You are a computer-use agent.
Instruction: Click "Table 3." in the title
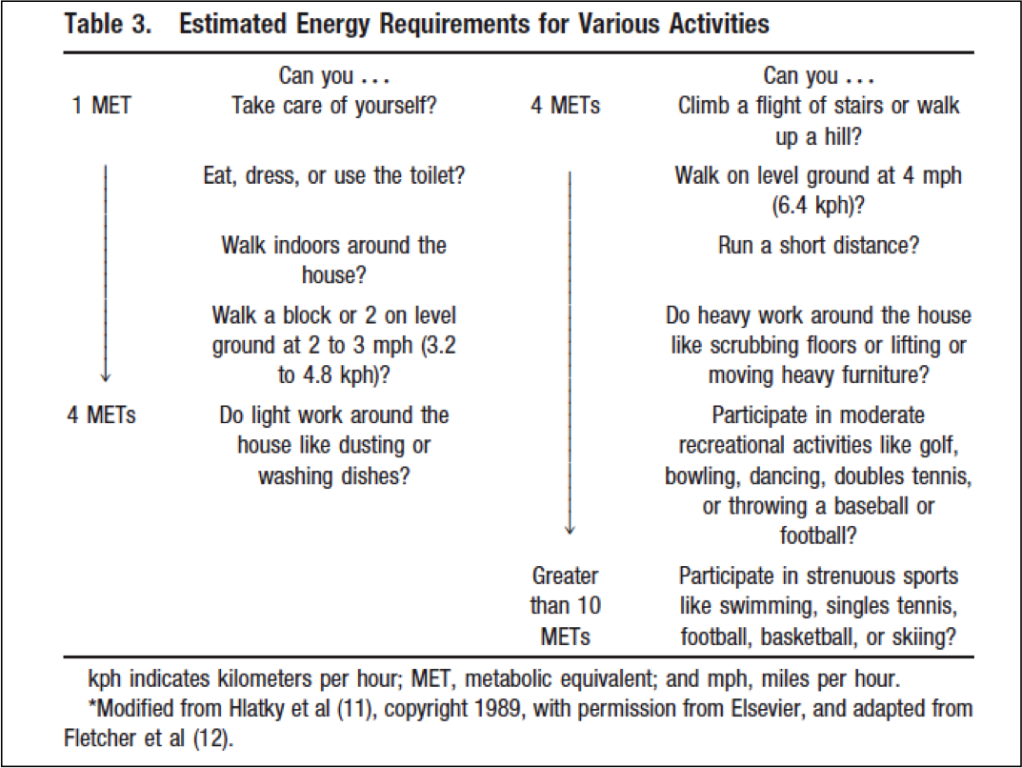pyautogui.click(x=109, y=25)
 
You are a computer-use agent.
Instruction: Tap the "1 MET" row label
pyautogui.click(x=102, y=106)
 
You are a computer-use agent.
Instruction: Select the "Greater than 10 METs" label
pyautogui.click(x=565, y=605)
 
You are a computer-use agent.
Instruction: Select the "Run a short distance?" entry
pyautogui.click(x=818, y=245)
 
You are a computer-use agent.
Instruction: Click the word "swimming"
pyautogui.click(x=763, y=605)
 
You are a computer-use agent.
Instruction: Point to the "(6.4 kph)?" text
pyautogui.click(x=818, y=204)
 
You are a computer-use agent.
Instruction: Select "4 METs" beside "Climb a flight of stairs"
pyautogui.click(x=566, y=106)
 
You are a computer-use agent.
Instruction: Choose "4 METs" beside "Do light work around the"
pyautogui.click(x=102, y=415)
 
